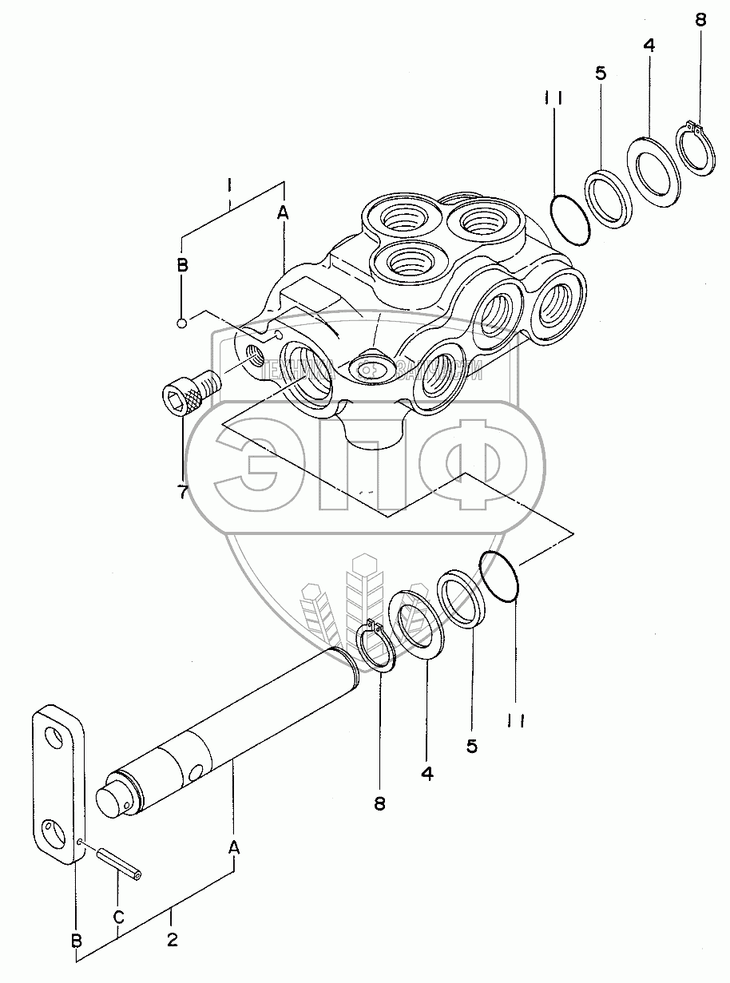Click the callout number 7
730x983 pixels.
[183, 492]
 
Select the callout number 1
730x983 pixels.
[228, 185]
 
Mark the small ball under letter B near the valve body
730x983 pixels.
[183, 323]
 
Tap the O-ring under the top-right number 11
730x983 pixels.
[570, 212]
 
